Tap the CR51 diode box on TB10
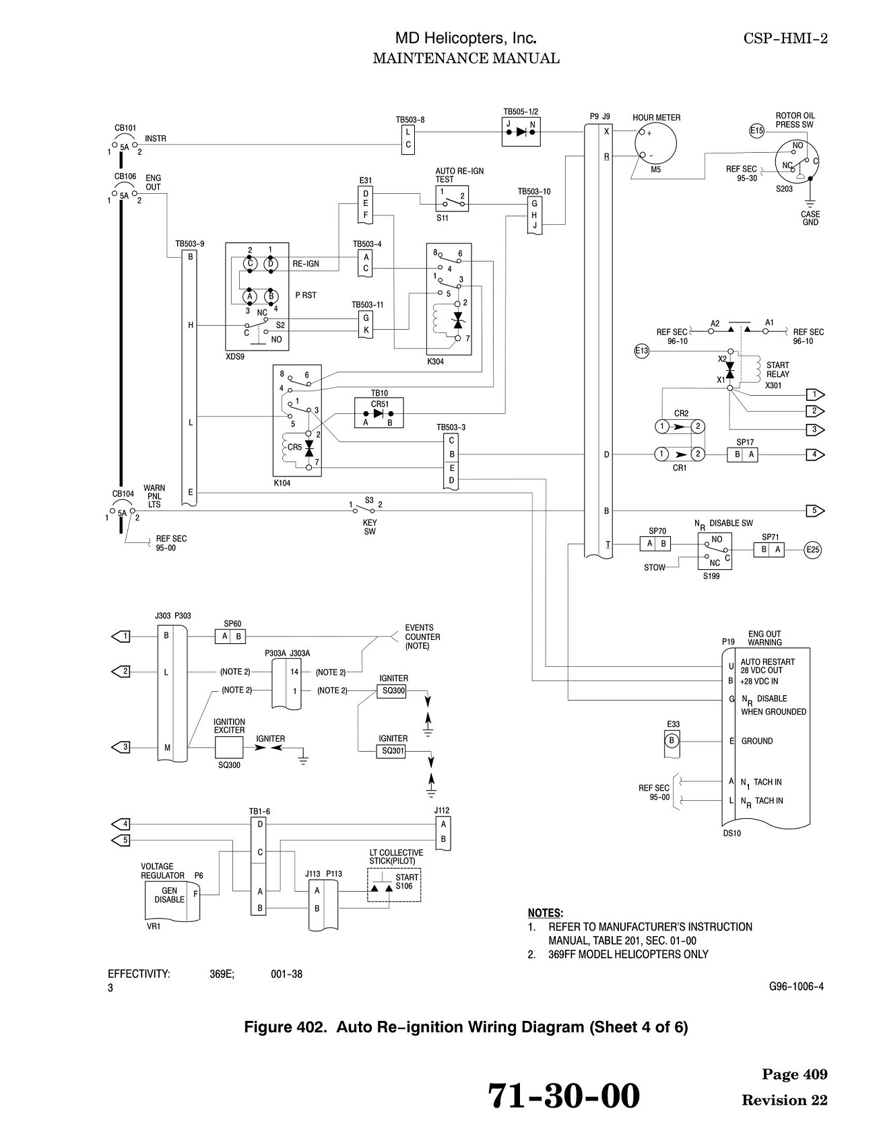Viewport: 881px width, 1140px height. (x=379, y=413)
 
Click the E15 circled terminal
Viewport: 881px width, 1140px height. (x=757, y=131)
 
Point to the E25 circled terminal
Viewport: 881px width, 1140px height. (x=813, y=550)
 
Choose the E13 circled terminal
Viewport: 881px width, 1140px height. (x=642, y=351)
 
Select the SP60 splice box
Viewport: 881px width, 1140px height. (x=230, y=637)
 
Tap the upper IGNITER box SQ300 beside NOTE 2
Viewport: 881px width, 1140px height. (x=391, y=691)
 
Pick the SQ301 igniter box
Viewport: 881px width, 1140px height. (x=391, y=751)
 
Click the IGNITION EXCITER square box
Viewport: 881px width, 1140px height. (x=229, y=748)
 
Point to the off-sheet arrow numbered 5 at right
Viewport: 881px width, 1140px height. (x=815, y=511)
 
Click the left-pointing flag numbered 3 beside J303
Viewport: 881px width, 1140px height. (x=120, y=747)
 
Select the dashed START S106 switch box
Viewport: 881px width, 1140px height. (x=394, y=884)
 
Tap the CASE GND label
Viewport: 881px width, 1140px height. (x=810, y=219)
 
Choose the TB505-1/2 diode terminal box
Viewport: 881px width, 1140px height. (x=521, y=132)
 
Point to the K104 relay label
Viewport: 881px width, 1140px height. (x=283, y=483)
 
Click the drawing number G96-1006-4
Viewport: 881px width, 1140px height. (x=796, y=987)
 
